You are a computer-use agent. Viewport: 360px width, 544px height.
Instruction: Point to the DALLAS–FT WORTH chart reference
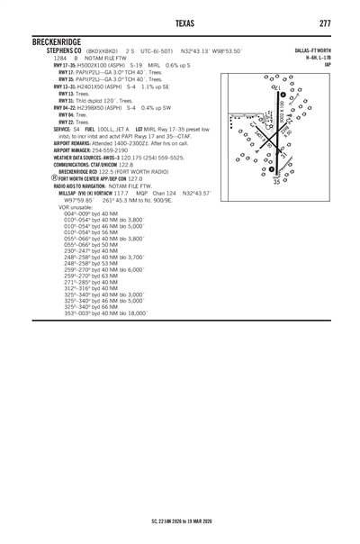coord(309,51)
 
